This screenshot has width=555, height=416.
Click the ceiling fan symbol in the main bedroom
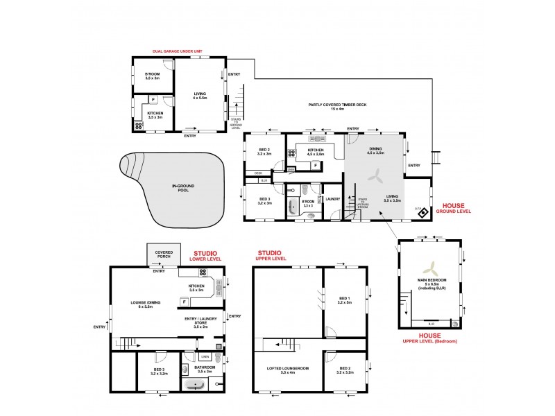(431, 269)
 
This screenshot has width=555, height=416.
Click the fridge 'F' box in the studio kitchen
(185, 302)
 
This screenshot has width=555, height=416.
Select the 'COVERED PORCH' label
(164, 254)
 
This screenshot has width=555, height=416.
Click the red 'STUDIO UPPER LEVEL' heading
(272, 255)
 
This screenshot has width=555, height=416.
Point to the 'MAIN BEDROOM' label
(431, 281)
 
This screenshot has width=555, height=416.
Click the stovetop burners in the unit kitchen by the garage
(138, 126)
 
